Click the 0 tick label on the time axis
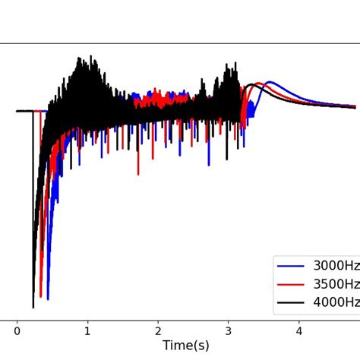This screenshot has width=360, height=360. point(17,330)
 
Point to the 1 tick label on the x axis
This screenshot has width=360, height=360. point(87,330)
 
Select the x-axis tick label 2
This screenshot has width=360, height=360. point(158,330)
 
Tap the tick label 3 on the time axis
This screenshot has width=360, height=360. point(229,330)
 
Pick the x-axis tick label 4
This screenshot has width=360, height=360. point(299,330)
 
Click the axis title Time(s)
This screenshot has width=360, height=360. point(186,346)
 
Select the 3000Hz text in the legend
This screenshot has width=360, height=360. point(336,267)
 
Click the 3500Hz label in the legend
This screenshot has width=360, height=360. point(336,285)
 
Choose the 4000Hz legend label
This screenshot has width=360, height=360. point(336,302)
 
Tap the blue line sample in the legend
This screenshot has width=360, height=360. point(291,267)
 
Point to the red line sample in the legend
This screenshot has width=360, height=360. point(291,285)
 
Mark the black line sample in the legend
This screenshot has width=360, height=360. point(291,302)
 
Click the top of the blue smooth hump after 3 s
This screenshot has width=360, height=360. point(270,82)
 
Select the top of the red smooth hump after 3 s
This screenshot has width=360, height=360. point(260,84)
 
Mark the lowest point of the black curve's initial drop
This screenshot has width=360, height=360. point(33,307)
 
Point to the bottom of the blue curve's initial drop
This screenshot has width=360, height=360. point(48,298)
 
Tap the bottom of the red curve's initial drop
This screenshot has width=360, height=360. point(41,296)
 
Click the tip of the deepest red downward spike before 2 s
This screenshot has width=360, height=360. point(138,174)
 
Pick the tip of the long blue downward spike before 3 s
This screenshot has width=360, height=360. point(209,164)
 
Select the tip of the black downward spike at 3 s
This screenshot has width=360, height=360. point(226,159)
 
